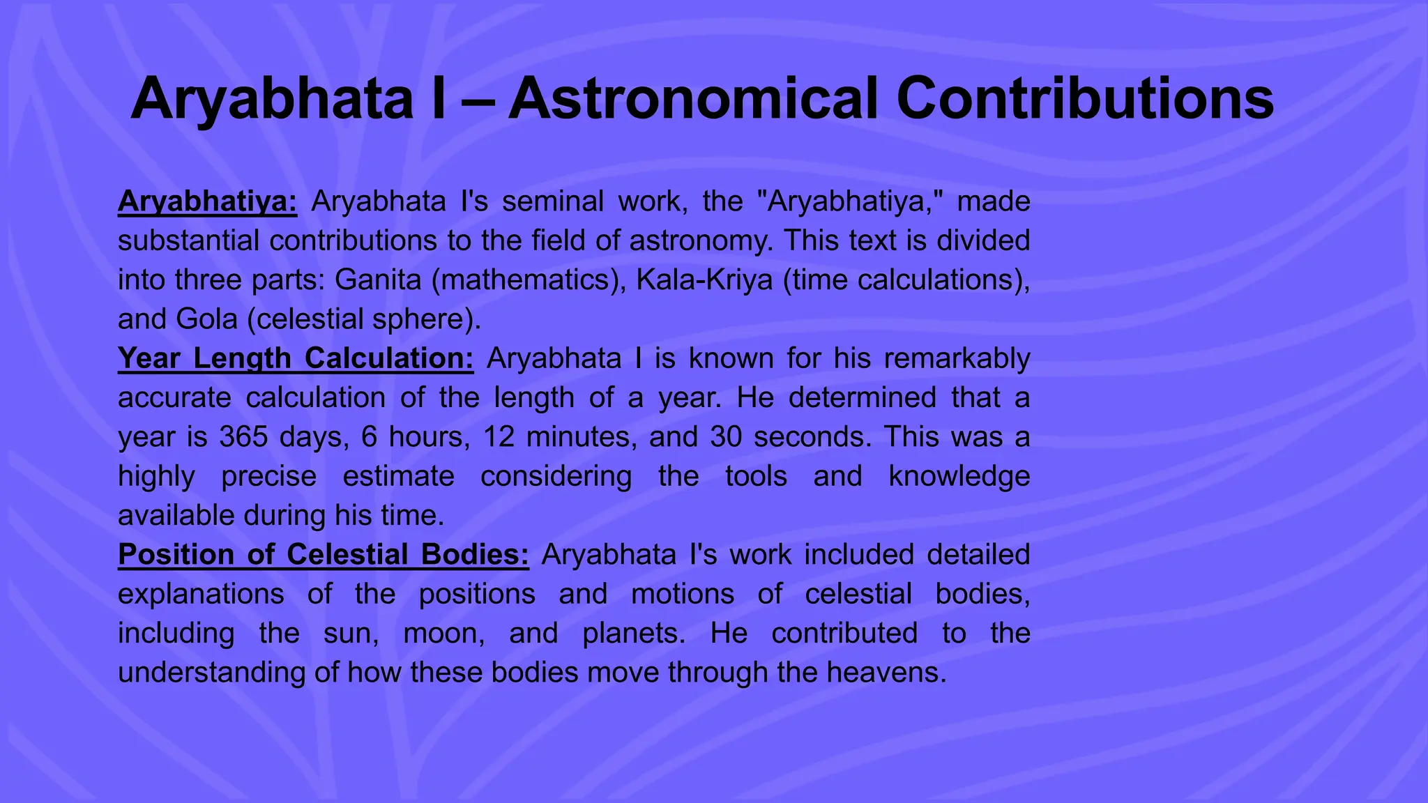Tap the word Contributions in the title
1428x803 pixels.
pyautogui.click(x=1085, y=99)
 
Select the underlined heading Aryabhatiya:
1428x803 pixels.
pyautogui.click(x=208, y=201)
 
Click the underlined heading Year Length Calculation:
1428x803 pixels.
pyautogui.click(x=296, y=358)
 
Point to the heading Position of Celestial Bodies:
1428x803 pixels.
pyautogui.click(x=324, y=555)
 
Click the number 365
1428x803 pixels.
pyautogui.click(x=243, y=437)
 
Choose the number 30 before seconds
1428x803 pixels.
pyautogui.click(x=726, y=437)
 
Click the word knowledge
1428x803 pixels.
pyautogui.click(x=959, y=476)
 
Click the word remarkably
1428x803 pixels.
pyautogui.click(x=957, y=358)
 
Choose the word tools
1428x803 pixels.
pyautogui.click(x=756, y=476)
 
